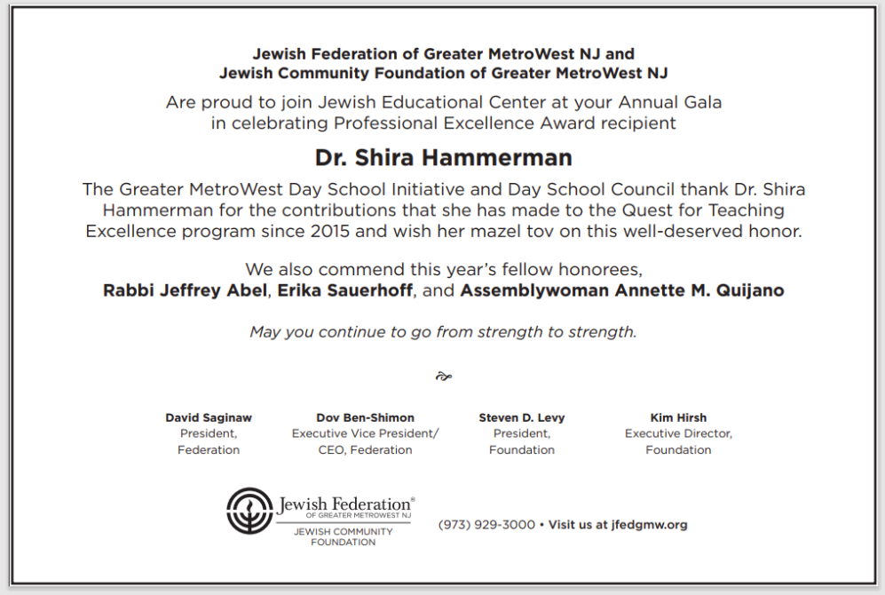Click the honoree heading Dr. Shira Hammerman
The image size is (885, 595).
tap(443, 158)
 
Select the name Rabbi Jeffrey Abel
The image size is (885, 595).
tap(171, 290)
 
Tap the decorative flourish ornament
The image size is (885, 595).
tap(444, 377)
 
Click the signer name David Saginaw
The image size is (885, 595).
tap(209, 417)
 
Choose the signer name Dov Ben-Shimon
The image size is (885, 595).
tap(365, 417)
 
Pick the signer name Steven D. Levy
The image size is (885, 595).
tap(522, 417)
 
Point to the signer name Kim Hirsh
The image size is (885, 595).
tap(678, 417)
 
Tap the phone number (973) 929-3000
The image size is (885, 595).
tap(486, 525)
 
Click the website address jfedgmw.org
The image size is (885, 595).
tap(649, 525)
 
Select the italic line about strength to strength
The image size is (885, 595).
tap(443, 332)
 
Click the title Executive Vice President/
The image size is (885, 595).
tap(365, 433)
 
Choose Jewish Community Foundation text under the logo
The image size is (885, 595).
tap(343, 536)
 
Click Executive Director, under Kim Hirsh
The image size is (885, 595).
tap(678, 433)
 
